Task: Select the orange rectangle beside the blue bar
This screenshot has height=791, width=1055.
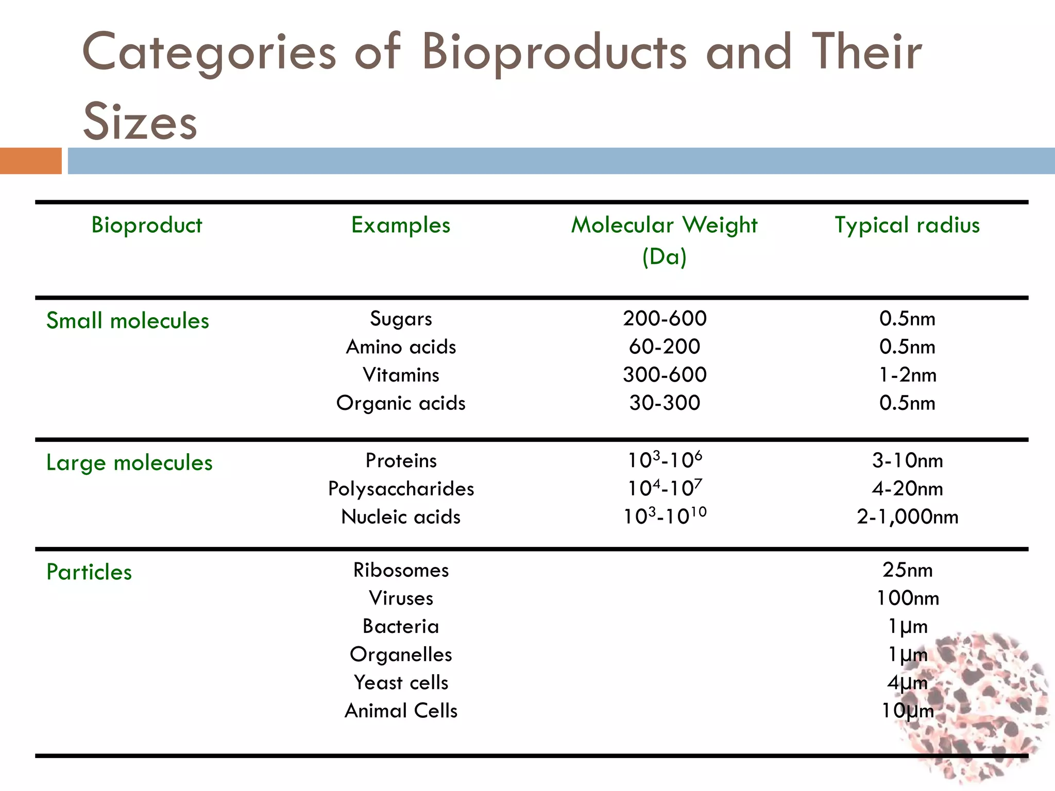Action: coord(30,161)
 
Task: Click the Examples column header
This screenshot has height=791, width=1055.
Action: coord(401,226)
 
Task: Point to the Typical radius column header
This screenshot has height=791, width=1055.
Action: coord(907,226)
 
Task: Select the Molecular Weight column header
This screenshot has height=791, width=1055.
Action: coord(664,226)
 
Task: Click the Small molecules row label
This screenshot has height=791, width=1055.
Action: coord(128,321)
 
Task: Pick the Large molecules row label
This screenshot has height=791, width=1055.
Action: coord(129,463)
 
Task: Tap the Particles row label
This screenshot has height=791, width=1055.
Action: coord(89,572)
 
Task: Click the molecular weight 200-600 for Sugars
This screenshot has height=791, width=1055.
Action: coord(665,319)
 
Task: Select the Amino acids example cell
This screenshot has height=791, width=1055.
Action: coord(401,347)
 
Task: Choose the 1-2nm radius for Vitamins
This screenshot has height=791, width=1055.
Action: coord(907,375)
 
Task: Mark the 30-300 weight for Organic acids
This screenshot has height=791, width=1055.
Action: coord(665,403)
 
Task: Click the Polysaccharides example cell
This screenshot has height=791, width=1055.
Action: coord(401,489)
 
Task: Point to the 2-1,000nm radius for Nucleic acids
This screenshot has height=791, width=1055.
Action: coord(907,517)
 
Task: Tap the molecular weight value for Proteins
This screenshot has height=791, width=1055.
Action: coord(665,460)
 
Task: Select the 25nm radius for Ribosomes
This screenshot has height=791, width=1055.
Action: coord(907,570)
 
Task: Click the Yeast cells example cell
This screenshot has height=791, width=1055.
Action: coord(401,683)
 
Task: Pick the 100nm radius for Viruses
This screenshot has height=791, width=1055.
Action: coord(907,598)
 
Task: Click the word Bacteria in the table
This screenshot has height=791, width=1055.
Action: coord(401,627)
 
